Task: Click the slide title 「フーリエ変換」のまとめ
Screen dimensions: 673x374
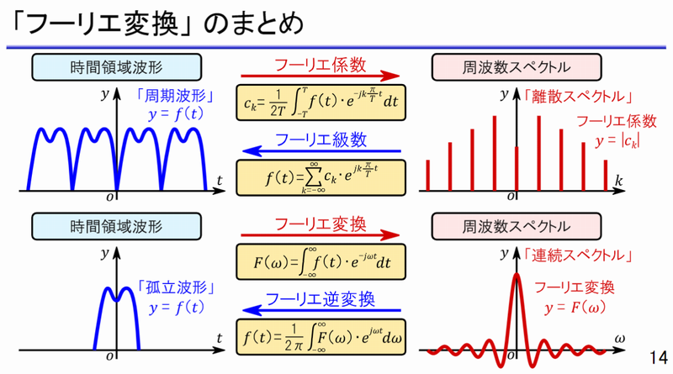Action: (x=157, y=24)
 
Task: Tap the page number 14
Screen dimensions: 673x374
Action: (x=658, y=357)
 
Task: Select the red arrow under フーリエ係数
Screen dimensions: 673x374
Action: (x=321, y=76)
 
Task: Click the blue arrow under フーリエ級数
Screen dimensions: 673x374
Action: (x=321, y=151)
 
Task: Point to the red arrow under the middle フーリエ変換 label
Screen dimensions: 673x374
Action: (x=321, y=235)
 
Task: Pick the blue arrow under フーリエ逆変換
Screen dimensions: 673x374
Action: (x=321, y=310)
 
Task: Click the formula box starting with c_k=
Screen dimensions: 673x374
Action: (x=321, y=103)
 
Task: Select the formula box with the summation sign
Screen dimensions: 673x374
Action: (x=321, y=177)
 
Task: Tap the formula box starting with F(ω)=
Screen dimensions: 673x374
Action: (x=321, y=261)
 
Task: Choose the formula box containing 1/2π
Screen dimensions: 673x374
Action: (x=321, y=337)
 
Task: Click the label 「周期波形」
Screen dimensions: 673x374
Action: (x=175, y=96)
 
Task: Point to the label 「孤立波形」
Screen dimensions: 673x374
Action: (x=176, y=287)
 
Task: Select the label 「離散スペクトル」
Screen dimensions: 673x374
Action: (x=578, y=97)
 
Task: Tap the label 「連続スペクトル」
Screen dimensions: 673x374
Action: (x=578, y=255)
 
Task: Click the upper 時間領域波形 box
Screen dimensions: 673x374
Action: (x=116, y=67)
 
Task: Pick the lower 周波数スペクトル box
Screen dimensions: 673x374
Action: (x=517, y=226)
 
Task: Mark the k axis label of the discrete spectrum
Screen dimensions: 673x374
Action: (x=618, y=181)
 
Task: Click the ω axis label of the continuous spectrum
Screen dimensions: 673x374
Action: (x=619, y=340)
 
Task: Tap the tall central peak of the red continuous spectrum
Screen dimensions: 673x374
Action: (x=517, y=276)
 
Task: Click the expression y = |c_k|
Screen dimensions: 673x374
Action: (x=617, y=141)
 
